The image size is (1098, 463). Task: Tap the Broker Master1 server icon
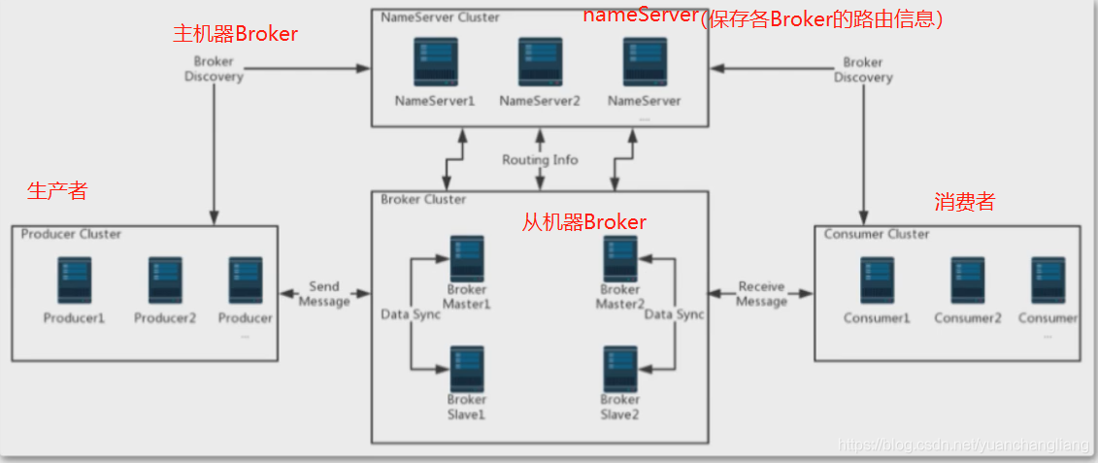[466, 258]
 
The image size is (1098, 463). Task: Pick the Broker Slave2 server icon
[619, 369]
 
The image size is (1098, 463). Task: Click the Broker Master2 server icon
[619, 258]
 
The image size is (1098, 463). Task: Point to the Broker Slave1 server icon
[466, 369]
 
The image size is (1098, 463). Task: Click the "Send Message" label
[324, 294]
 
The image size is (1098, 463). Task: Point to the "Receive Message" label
[761, 294]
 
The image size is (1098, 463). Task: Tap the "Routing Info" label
[540, 160]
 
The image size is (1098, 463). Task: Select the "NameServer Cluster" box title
[441, 17]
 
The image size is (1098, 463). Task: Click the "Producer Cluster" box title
[71, 234]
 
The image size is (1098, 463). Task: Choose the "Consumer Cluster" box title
[877, 234]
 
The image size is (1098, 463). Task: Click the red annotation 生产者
[57, 191]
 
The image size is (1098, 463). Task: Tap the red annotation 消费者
[965, 203]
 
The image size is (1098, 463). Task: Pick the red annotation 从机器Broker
[584, 222]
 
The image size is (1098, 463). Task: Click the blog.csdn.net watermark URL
[965, 445]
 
